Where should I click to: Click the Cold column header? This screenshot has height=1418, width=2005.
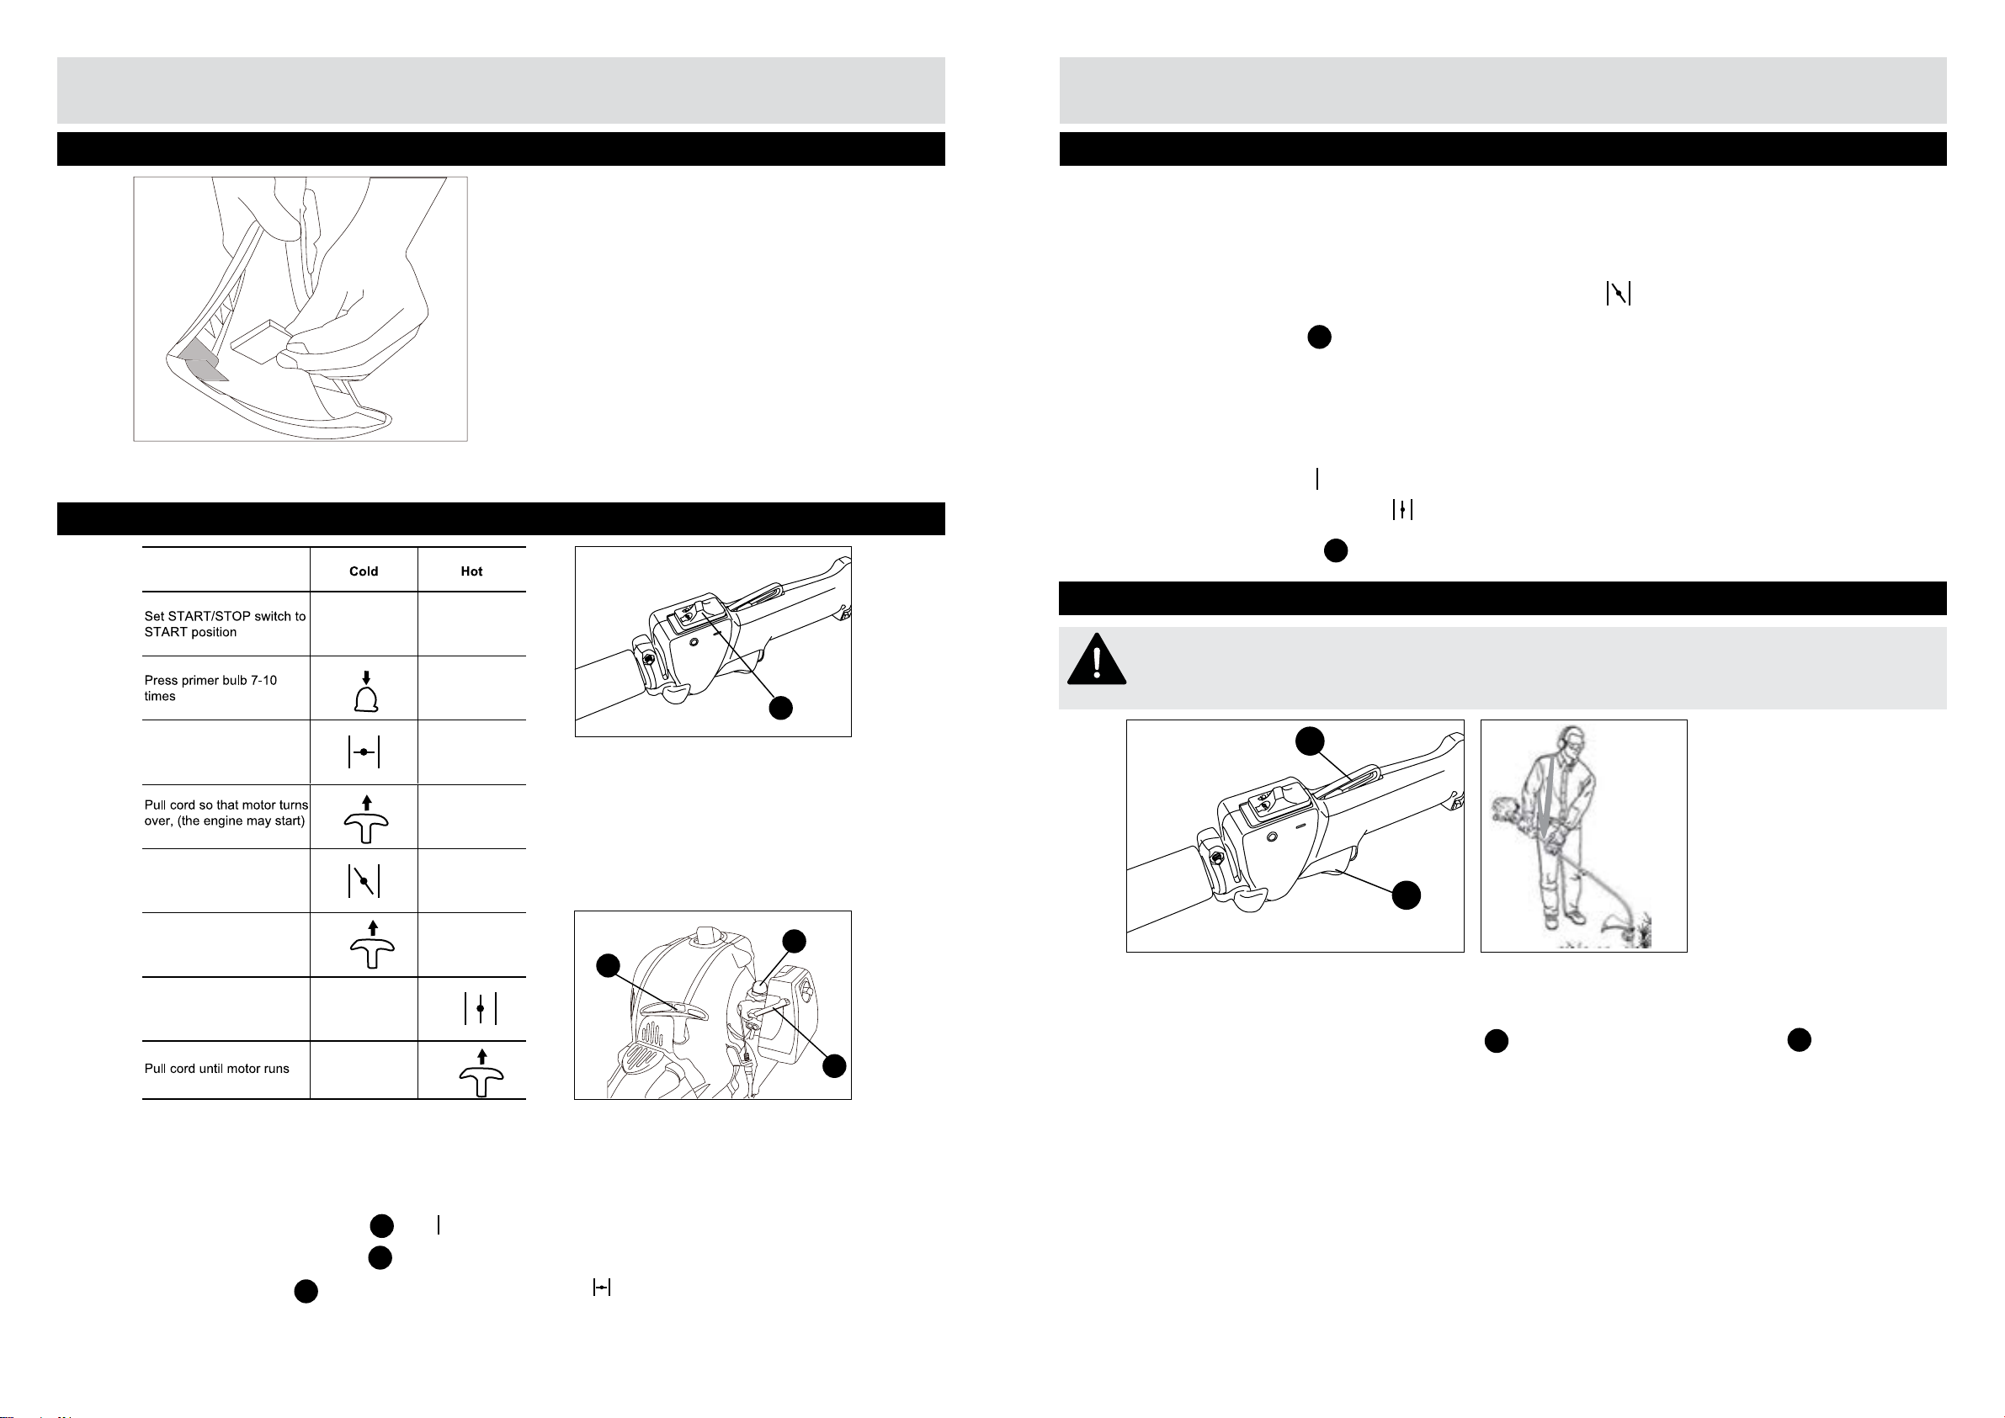click(x=364, y=571)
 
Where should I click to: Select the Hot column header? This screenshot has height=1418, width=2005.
click(x=471, y=571)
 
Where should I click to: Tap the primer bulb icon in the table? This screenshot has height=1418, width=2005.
click(x=367, y=692)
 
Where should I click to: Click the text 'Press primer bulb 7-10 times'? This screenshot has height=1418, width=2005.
click(x=210, y=688)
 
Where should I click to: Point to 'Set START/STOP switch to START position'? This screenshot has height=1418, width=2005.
click(x=226, y=624)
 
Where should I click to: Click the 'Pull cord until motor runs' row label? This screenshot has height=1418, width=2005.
click(x=216, y=1069)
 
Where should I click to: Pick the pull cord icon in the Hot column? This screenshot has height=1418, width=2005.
click(x=481, y=1073)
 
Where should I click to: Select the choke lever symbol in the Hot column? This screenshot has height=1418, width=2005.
click(x=481, y=1008)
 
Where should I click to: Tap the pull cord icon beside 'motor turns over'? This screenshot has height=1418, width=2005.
click(x=367, y=819)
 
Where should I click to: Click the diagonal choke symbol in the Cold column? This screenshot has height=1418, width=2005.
click(x=364, y=881)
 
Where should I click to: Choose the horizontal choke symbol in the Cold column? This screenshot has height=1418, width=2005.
click(x=364, y=751)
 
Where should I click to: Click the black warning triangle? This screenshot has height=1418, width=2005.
click(x=1096, y=659)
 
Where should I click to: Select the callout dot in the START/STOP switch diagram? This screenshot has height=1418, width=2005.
click(x=780, y=707)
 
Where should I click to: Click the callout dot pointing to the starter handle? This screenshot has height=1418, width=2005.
click(x=608, y=966)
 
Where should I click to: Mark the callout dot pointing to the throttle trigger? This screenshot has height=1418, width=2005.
click(x=1406, y=895)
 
